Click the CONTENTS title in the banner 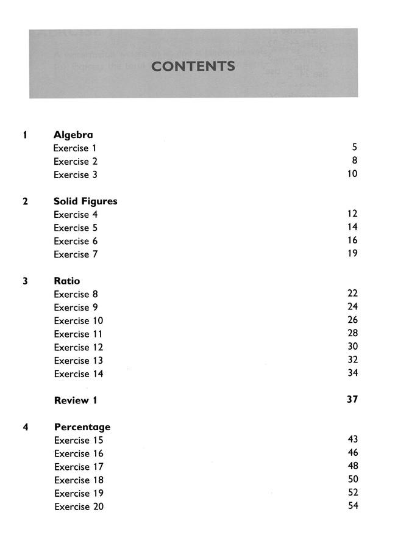[193, 67]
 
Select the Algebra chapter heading [73, 135]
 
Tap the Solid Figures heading [85, 201]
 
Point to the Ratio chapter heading [66, 281]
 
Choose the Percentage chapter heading [82, 427]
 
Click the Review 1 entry [76, 401]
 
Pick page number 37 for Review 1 [352, 400]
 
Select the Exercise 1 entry [75, 148]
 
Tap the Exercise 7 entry [76, 254]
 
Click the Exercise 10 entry [78, 321]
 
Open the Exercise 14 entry [78, 374]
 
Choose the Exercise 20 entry [79, 507]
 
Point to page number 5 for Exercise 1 [354, 147]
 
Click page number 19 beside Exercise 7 [352, 253]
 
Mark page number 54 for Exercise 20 [352, 506]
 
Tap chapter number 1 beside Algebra [25, 135]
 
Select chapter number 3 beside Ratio [25, 281]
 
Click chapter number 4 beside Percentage [25, 427]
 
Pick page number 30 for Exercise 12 [352, 346]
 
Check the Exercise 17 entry [79, 467]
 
